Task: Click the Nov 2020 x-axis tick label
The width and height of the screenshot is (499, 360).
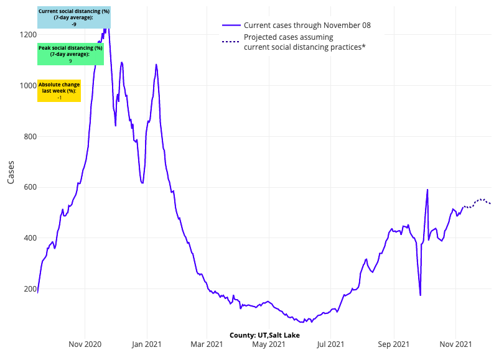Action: pyautogui.click(x=85, y=343)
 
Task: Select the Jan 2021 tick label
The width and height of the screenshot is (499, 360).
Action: pyautogui.click(x=147, y=343)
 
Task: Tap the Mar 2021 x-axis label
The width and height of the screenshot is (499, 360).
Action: pyautogui.click(x=207, y=343)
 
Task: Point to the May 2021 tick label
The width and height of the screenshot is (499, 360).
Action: pyautogui.click(x=269, y=343)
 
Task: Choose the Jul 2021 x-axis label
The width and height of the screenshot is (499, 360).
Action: pyautogui.click(x=330, y=343)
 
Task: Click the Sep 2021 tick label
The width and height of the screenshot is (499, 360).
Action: pyautogui.click(x=394, y=343)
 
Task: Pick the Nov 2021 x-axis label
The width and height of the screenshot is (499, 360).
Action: pyautogui.click(x=455, y=343)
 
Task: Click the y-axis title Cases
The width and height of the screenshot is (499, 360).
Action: pyautogui.click(x=11, y=172)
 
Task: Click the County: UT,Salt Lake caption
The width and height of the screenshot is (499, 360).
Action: pyautogui.click(x=264, y=335)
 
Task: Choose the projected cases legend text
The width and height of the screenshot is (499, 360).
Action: pyautogui.click(x=305, y=42)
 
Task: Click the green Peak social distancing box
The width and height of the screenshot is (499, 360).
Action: pyautogui.click(x=70, y=55)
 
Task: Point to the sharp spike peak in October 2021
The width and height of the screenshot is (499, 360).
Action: pyautogui.click(x=427, y=190)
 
